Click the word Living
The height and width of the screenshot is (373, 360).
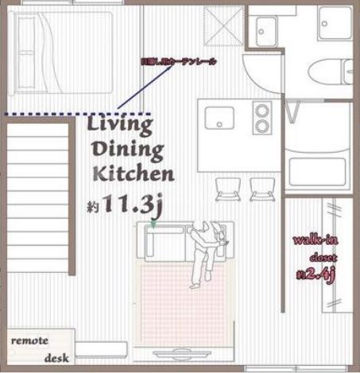point(120,125)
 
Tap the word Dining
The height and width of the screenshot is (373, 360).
point(128,149)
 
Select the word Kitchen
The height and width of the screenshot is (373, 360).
point(134,173)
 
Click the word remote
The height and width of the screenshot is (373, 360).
point(30,340)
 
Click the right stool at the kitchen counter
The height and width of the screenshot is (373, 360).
point(260,190)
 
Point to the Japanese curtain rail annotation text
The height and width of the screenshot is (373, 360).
point(178,60)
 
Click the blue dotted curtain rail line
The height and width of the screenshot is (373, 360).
point(48,115)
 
